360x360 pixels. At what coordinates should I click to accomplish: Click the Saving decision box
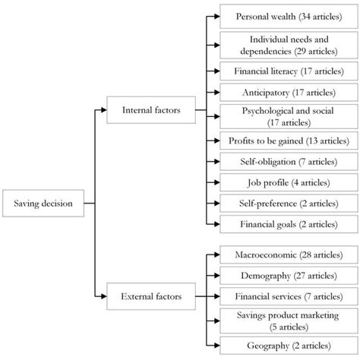pos(43,204)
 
